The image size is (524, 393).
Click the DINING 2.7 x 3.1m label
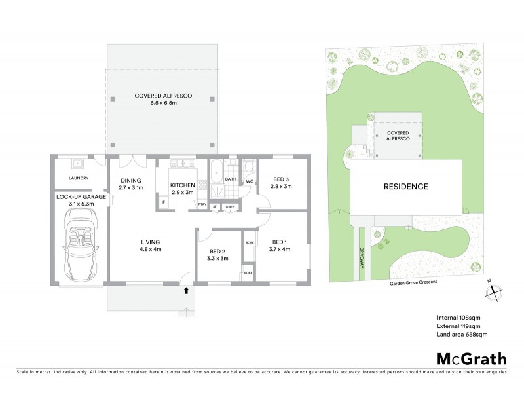[131, 184]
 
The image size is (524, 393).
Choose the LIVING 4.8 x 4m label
[150, 246]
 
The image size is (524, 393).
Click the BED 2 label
[219, 254]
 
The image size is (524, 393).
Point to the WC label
[250, 181]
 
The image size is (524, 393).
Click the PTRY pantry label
[202, 206]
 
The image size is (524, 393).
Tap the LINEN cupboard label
[230, 206]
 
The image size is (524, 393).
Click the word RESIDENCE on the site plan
[405, 187]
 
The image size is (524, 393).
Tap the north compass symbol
[495, 291]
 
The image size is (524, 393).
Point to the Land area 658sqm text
[462, 334]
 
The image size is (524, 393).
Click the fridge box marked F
[164, 203]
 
